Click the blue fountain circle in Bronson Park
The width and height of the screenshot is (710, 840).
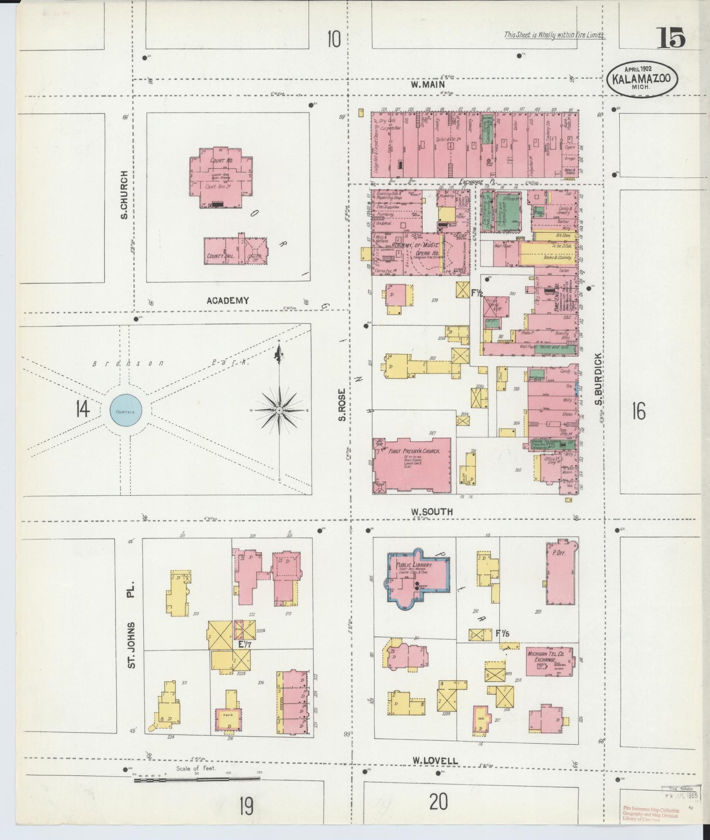click(126, 409)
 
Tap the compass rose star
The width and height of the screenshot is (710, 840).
click(279, 410)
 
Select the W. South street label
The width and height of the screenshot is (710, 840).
click(432, 512)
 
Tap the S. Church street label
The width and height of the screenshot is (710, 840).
click(124, 195)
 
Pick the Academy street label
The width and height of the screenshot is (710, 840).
click(227, 300)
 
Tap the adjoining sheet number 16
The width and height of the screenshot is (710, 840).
click(638, 411)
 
